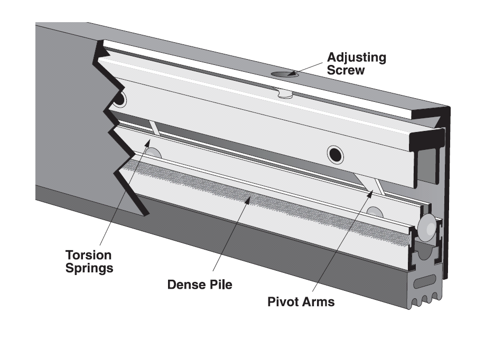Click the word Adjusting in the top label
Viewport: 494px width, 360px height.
356,57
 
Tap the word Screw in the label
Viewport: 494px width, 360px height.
346,70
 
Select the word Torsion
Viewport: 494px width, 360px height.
88,255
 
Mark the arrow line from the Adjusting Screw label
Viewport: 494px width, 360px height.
306,69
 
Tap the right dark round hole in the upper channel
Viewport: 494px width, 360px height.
334,153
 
